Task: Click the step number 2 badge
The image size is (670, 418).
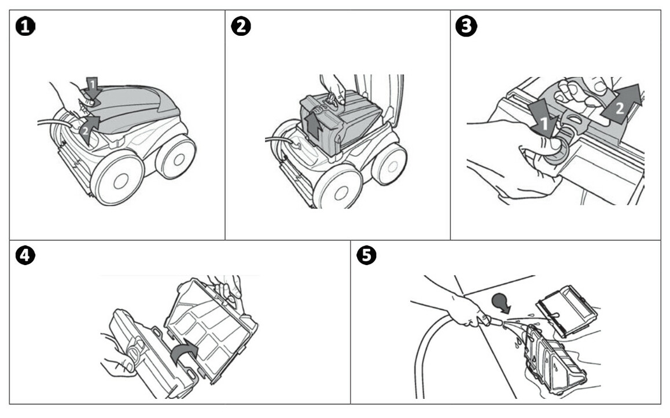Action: click(241, 27)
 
